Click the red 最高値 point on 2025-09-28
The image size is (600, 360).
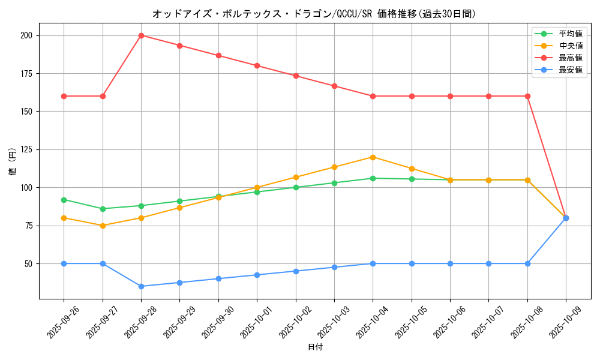tap(141, 35)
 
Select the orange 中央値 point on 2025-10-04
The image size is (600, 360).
tap(373, 157)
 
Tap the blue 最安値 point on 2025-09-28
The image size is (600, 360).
tap(141, 286)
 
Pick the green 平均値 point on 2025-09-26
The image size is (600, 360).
tap(64, 200)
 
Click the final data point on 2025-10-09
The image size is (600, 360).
tap(566, 218)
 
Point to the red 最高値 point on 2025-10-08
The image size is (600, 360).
tap(527, 96)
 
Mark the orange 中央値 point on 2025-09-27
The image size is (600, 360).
tap(103, 226)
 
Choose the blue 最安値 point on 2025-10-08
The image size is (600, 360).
tap(527, 263)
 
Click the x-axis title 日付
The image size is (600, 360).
tap(315, 347)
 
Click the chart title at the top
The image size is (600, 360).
tap(314, 14)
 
